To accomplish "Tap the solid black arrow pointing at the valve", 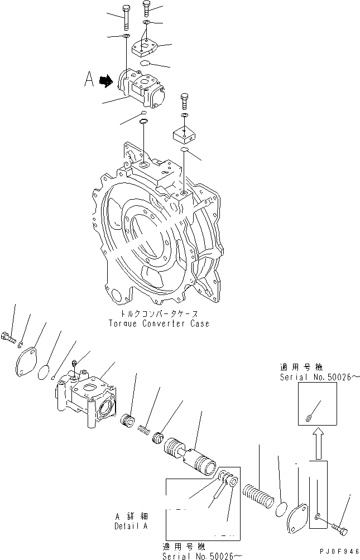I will point(104,81).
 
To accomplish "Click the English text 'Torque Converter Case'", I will point(160,324).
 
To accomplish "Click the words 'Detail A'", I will point(131,527).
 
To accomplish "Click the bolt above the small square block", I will point(185,103).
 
